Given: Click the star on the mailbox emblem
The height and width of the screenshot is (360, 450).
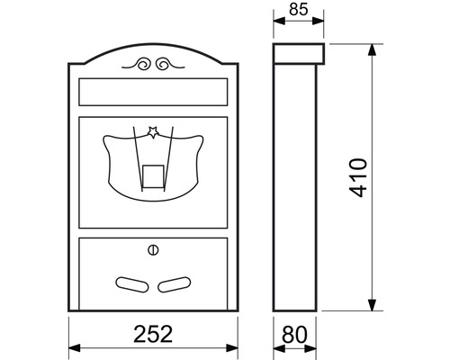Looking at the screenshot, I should (x=153, y=133).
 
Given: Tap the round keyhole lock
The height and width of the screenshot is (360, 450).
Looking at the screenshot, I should (x=151, y=249).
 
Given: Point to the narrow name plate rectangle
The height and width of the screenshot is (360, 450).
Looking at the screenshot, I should (x=151, y=92).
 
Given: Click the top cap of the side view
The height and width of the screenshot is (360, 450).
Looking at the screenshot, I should (x=298, y=52).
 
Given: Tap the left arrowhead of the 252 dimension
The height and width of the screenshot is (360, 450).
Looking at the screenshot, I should (x=74, y=348).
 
